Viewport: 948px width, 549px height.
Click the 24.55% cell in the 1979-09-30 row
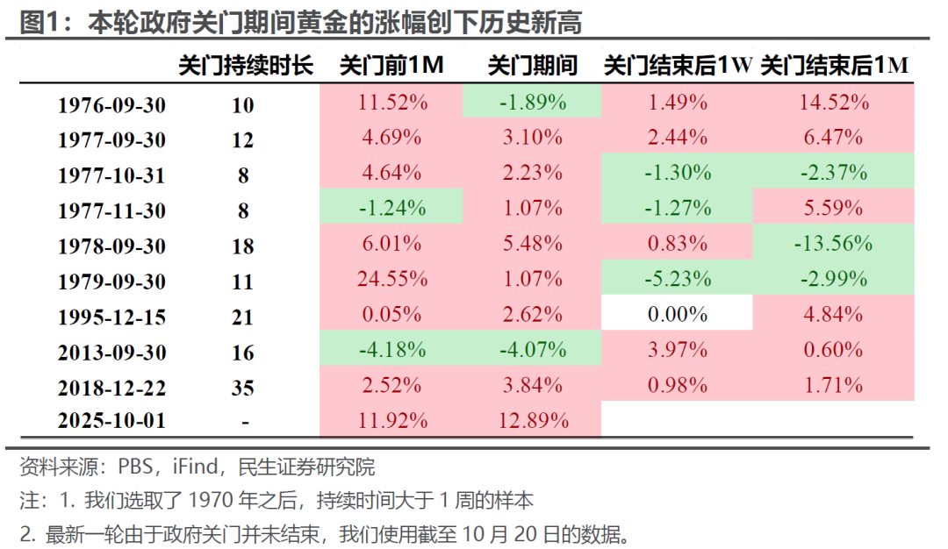(x=392, y=280)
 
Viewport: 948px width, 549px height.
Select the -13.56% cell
(x=834, y=244)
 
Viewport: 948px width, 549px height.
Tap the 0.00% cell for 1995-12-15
(x=677, y=315)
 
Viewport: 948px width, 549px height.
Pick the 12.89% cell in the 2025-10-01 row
(x=533, y=420)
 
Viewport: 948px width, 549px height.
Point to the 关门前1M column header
(x=392, y=66)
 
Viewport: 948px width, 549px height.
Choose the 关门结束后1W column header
(x=678, y=66)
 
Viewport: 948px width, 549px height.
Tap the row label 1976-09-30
(x=111, y=105)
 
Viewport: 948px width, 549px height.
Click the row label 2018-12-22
(x=111, y=387)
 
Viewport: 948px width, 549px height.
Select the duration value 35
(x=243, y=387)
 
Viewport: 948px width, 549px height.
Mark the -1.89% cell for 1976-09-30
(x=533, y=103)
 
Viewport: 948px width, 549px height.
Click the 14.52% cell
(x=834, y=103)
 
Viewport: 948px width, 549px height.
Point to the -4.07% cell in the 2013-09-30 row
(x=533, y=350)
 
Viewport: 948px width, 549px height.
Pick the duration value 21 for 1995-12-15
(x=243, y=317)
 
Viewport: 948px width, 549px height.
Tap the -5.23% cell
(x=677, y=280)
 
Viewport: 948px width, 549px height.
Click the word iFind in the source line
(x=197, y=467)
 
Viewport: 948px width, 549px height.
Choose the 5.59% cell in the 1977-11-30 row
(x=834, y=209)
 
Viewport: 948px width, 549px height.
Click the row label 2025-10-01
(x=111, y=422)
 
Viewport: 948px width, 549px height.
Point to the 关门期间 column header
(x=533, y=66)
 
